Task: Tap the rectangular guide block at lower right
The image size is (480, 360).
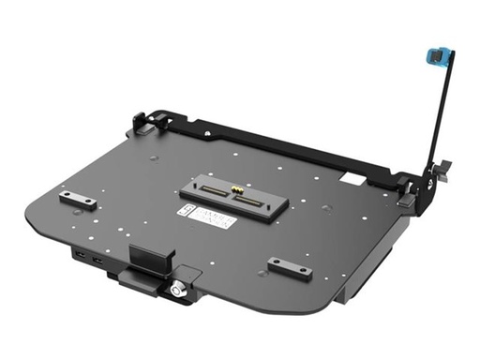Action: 290,267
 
